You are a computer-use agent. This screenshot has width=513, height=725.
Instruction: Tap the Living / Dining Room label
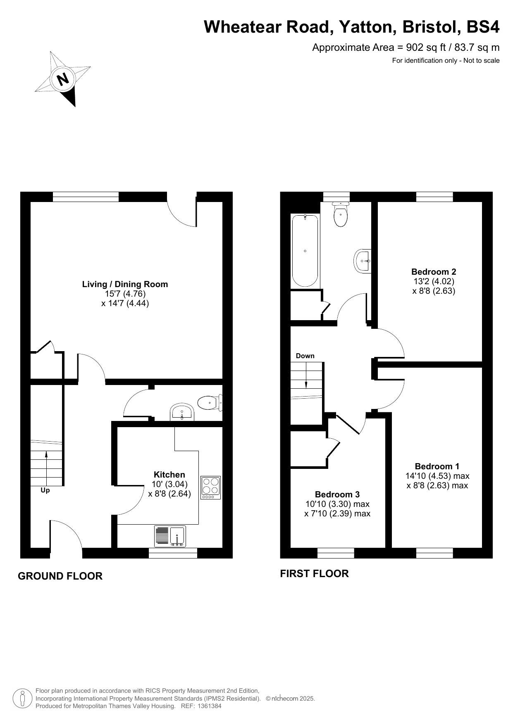(125, 284)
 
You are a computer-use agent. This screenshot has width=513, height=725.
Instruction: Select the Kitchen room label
(169, 475)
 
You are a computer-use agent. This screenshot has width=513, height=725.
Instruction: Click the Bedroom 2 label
(434, 272)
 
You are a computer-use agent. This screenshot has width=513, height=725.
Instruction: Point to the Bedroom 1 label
(437, 466)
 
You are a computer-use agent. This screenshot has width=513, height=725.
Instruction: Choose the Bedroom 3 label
(337, 494)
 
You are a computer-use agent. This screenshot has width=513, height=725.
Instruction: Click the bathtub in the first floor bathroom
(305, 251)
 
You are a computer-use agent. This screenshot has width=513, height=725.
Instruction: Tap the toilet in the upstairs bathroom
(341, 214)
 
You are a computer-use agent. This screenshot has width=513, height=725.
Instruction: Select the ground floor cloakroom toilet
(210, 402)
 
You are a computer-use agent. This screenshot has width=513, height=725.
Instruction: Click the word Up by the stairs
(45, 490)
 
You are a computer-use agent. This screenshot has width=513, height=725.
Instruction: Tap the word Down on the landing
(305, 356)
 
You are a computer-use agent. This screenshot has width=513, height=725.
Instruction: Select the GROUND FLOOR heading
(60, 576)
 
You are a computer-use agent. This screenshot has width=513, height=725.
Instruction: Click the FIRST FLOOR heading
(315, 573)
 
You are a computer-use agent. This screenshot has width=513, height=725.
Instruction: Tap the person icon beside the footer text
(23, 698)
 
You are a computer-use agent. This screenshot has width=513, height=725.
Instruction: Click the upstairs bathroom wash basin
(363, 261)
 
